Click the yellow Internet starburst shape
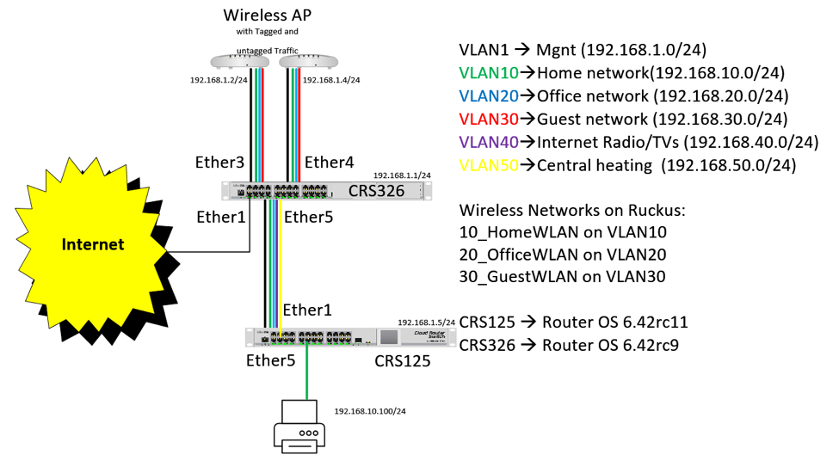tap(92, 245)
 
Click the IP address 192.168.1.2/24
tap(219, 80)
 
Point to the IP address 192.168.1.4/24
tap(331, 80)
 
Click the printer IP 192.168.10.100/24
tap(370, 411)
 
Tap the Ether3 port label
tap(221, 163)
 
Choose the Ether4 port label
tap(330, 163)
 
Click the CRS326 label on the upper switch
tap(376, 191)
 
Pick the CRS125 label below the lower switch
tap(402, 361)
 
